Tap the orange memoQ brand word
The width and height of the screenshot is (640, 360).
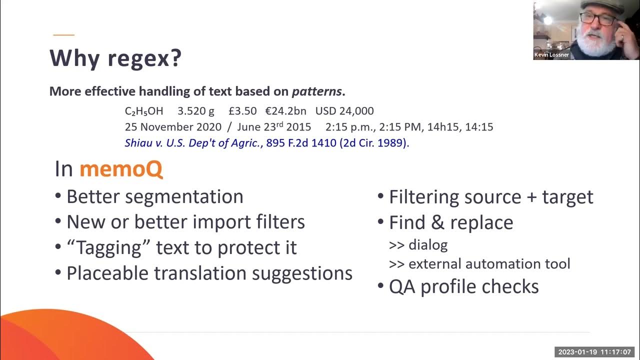click(x=121, y=169)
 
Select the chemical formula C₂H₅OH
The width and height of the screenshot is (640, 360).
click(x=144, y=111)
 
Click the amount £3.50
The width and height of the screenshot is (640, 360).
click(x=242, y=111)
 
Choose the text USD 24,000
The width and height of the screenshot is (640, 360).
click(x=344, y=111)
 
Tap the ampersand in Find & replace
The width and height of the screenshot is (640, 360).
click(x=437, y=223)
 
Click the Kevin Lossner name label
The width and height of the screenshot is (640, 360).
click(x=551, y=55)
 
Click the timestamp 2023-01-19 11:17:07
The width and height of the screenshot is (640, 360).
click(x=595, y=351)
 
